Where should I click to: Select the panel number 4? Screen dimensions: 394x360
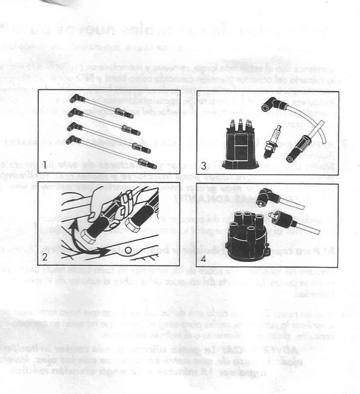pos(204,258)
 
